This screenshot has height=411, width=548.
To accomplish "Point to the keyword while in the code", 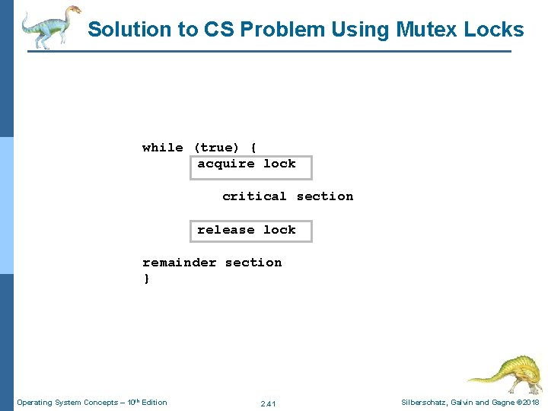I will pos(162,148).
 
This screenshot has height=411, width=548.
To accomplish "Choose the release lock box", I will pos(250,231).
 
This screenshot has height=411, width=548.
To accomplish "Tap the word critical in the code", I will pos(254,196).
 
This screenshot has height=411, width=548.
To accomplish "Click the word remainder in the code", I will pos(179,263).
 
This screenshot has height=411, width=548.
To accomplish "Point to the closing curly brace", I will pos(147,279).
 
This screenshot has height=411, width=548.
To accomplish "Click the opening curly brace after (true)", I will pos(253,148).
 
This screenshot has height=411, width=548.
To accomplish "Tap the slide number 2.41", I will pos(268,403).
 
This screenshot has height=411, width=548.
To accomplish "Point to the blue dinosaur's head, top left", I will pos(74,11).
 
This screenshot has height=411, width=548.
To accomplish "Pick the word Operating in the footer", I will pos(34,403).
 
